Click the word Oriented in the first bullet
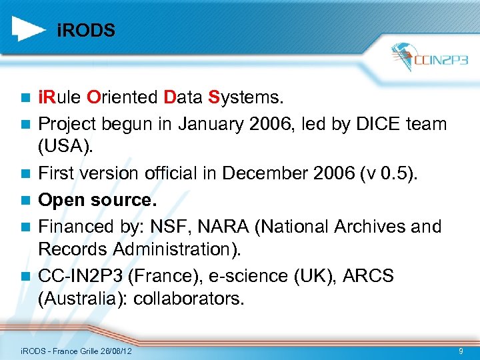coord(121,98)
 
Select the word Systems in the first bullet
coord(246,98)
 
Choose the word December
coord(263,173)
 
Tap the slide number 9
coord(461,351)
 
